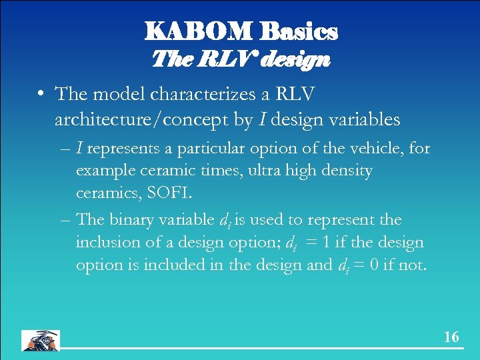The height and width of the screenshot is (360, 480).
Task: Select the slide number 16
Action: (451, 337)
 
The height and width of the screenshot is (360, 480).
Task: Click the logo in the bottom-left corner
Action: (41, 340)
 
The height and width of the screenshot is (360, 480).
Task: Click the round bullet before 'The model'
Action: (42, 95)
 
